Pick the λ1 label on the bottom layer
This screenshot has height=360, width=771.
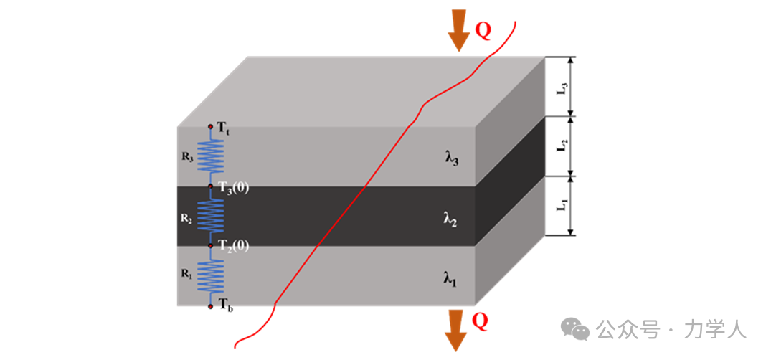[450, 278]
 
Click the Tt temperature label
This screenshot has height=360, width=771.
[223, 128]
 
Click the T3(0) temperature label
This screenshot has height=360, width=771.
[234, 188]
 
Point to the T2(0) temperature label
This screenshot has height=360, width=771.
[234, 246]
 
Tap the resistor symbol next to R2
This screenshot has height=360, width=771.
[211, 215]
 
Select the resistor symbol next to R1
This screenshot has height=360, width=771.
[211, 275]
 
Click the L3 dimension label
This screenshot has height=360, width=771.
[564, 87]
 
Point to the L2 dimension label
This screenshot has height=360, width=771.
[564, 145]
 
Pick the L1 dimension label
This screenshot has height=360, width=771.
[564, 205]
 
